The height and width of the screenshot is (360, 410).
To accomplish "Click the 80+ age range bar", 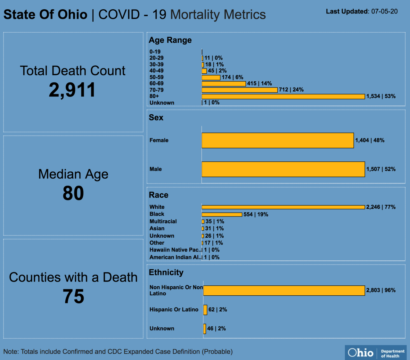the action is [x=283, y=96].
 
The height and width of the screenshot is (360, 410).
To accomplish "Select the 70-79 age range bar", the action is [x=240, y=90].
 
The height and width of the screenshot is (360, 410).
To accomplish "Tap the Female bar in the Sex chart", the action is [x=278, y=140].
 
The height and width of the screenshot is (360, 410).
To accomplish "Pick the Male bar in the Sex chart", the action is [x=283, y=169].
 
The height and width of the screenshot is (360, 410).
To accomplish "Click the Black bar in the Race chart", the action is [x=222, y=215].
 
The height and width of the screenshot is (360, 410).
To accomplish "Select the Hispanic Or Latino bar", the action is [x=205, y=310].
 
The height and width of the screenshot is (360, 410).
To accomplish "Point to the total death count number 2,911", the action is [x=72, y=90].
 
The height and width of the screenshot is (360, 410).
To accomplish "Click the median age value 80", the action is [x=73, y=193].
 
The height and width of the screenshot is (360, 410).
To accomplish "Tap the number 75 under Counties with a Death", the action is [x=73, y=296].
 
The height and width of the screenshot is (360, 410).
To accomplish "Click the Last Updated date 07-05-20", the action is [x=384, y=12].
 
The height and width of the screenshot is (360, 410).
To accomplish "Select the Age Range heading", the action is [x=170, y=40].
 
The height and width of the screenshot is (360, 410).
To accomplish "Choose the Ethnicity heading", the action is [x=166, y=272].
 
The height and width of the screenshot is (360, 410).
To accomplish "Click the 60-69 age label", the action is [x=156, y=83].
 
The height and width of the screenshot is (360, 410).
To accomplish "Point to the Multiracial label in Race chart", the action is [x=163, y=221].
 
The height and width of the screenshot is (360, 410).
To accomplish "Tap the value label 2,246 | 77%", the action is [x=381, y=207].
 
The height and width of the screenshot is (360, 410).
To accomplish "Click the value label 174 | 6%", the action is [x=232, y=77].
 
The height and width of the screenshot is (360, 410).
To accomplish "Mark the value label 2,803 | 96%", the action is [x=381, y=290].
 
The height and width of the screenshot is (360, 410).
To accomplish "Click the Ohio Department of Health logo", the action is [x=376, y=353].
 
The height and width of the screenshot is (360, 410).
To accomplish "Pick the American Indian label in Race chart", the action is [x=176, y=257].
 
